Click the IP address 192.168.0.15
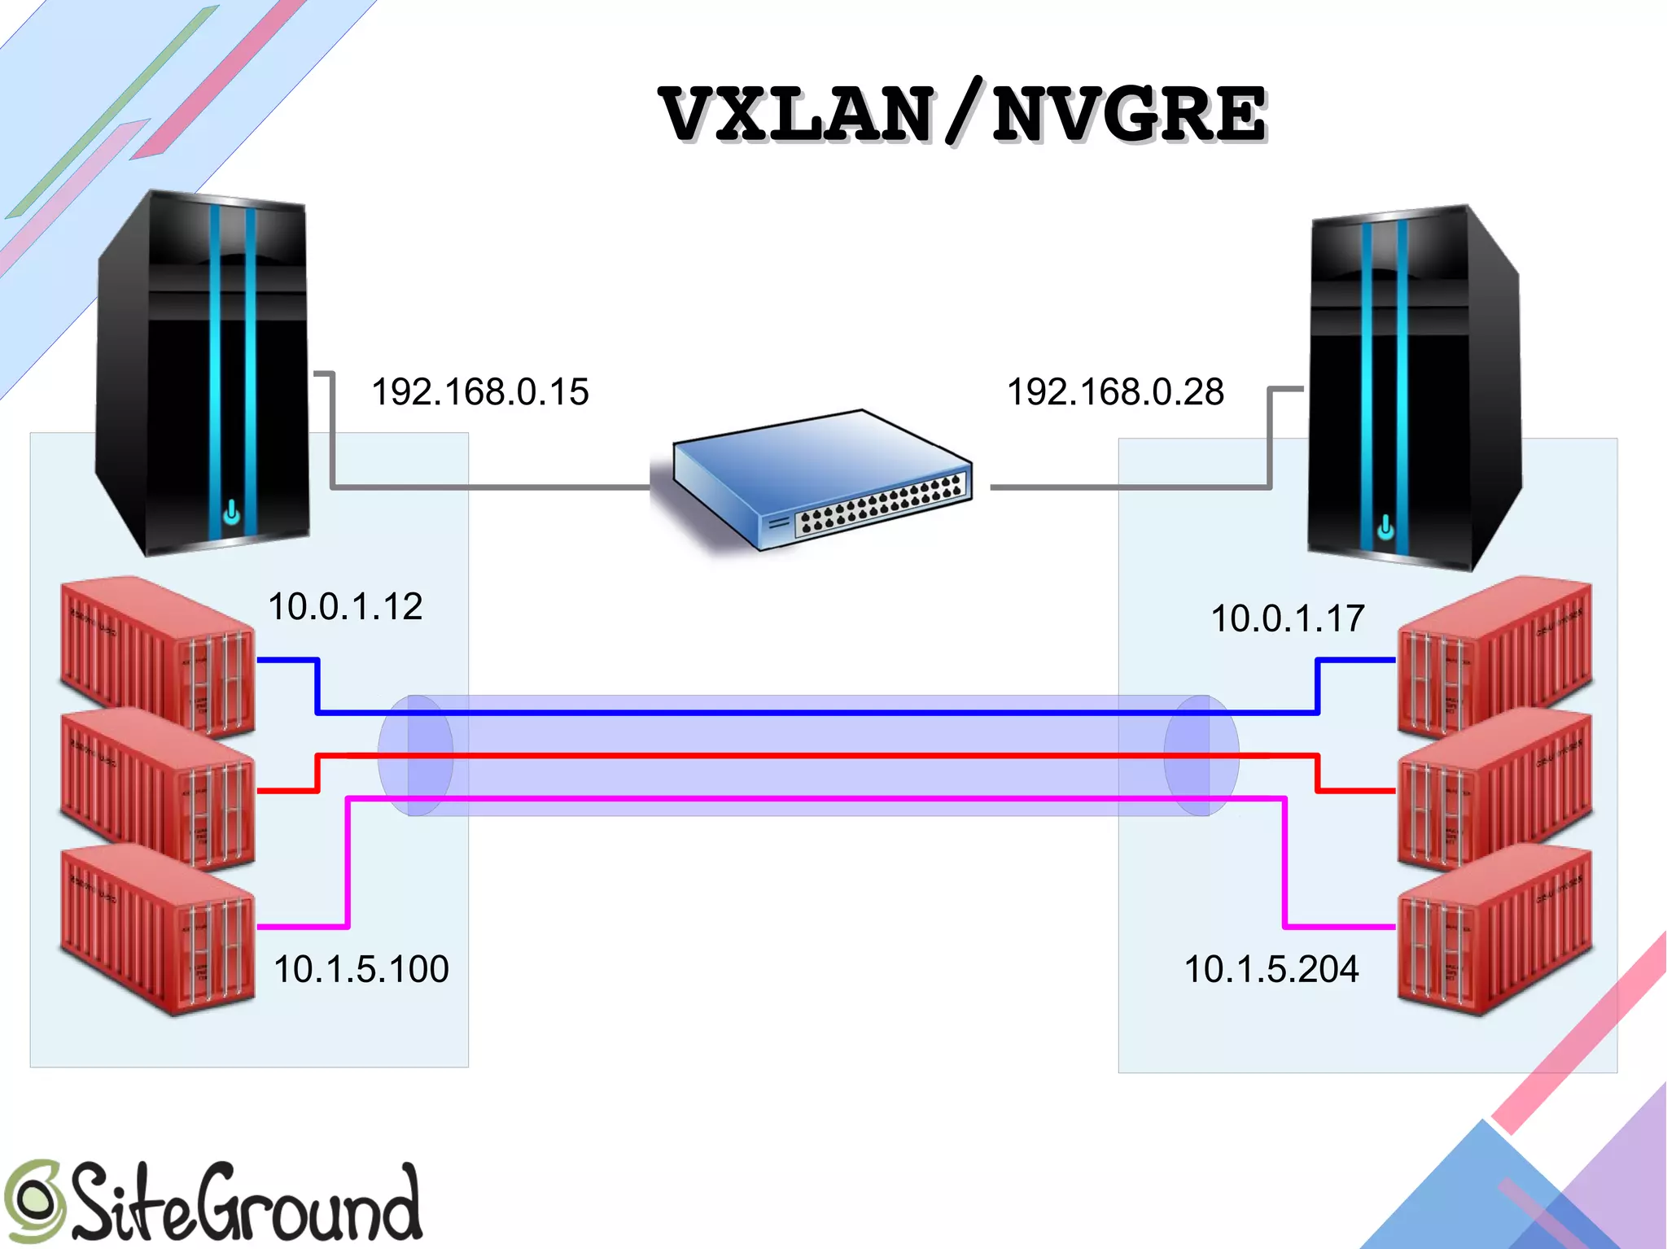pos(479,392)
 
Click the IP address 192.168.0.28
pos(1115,392)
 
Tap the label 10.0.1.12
pos(345,607)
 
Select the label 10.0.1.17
pos(1288,618)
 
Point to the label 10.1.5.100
pos(361,969)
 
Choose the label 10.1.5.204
pos(1271,969)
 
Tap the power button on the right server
pos(1385,529)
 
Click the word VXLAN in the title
pos(796,114)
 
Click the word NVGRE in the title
pos(1129,114)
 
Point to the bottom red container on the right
pos(1494,928)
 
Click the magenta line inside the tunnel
pos(814,799)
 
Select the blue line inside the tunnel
pos(814,713)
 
